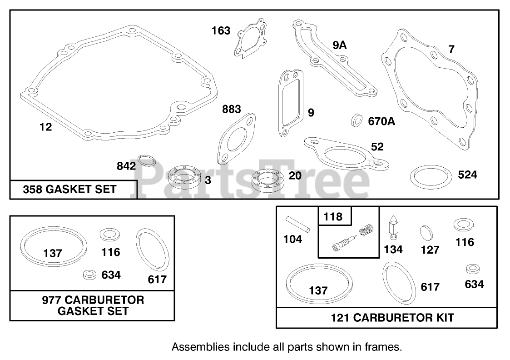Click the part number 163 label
(221, 31)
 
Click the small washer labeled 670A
(357, 121)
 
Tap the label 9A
(339, 45)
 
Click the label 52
(377, 147)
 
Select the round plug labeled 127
(426, 231)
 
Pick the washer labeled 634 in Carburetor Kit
(474, 269)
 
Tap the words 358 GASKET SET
(70, 190)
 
